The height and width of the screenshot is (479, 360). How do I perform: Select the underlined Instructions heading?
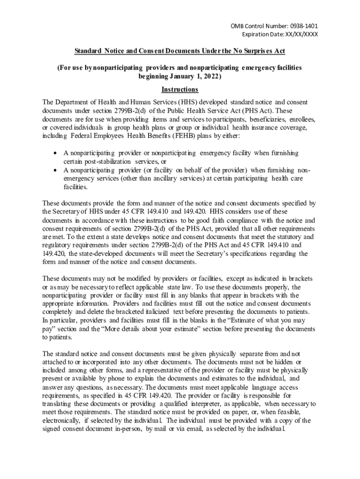click(180, 89)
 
